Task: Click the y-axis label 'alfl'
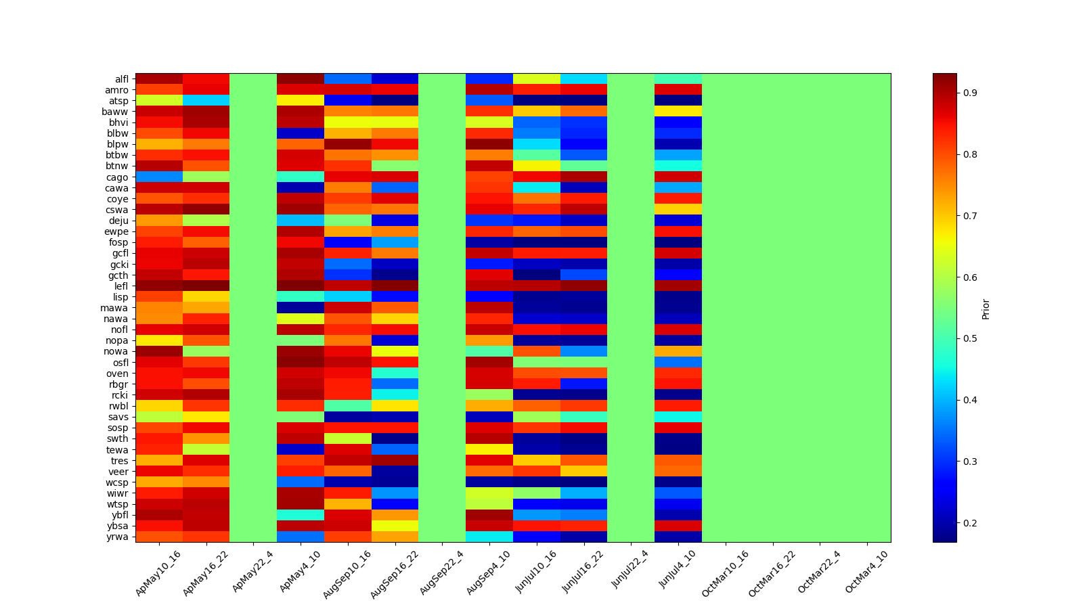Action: (x=120, y=79)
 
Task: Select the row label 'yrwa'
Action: (x=119, y=537)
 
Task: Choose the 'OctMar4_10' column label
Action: (x=866, y=572)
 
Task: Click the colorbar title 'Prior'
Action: (x=986, y=309)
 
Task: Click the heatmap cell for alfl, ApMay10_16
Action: (x=159, y=78)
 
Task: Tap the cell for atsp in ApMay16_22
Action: (x=206, y=100)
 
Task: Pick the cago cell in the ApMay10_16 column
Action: (x=159, y=177)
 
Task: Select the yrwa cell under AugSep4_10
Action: (x=489, y=537)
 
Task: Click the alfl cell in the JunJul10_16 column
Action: (x=537, y=78)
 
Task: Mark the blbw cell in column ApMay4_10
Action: (x=301, y=133)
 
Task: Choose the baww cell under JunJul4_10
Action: (x=678, y=111)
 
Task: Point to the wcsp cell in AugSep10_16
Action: (x=348, y=482)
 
